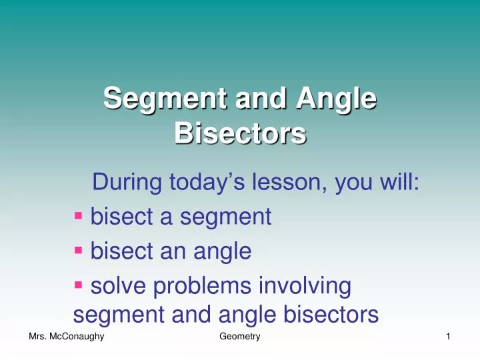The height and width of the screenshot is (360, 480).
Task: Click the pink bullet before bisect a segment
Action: tap(79, 215)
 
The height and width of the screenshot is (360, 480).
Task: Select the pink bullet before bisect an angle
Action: tap(79, 250)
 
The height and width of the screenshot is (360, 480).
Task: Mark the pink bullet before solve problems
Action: tap(79, 285)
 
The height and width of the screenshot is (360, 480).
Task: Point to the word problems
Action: tap(203, 287)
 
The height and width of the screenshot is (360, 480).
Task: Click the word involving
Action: tap(308, 287)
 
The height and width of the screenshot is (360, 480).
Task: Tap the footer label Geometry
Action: tap(239, 339)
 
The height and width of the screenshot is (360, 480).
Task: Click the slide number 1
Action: tap(449, 339)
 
